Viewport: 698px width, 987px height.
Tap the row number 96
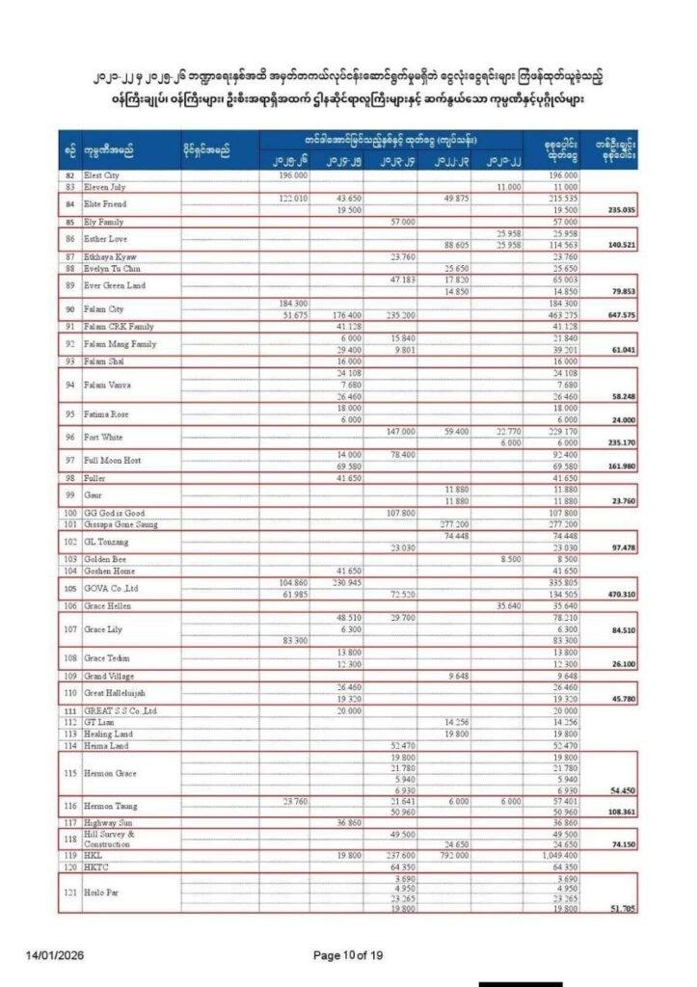click(68, 437)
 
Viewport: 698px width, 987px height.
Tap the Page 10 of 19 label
click(349, 955)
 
